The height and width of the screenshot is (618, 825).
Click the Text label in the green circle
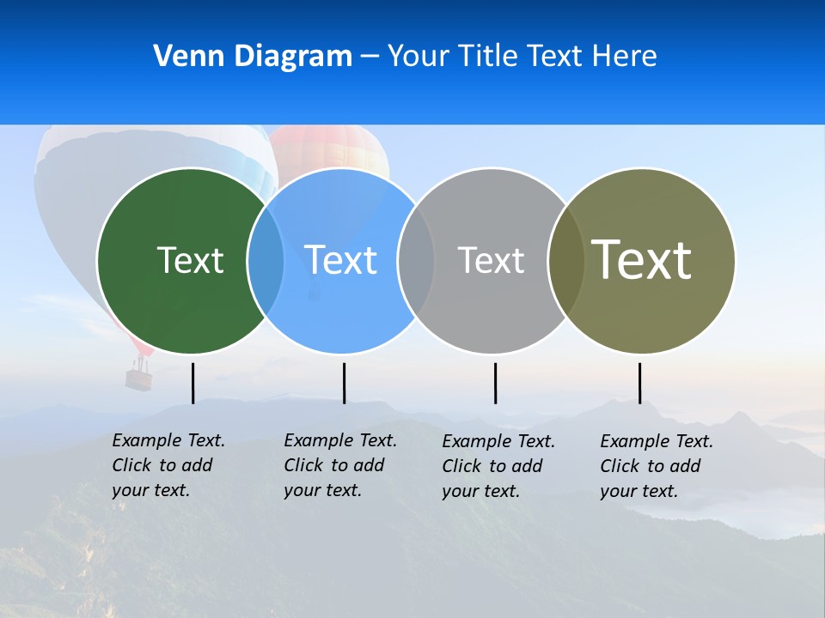coord(190,260)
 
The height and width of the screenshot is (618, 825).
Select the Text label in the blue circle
coord(341,260)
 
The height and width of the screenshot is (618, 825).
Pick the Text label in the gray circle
coord(491,260)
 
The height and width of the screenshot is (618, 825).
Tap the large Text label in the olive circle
coord(641,259)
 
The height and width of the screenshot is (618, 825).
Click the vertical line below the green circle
coord(193,383)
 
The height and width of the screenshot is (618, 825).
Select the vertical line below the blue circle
coord(344,383)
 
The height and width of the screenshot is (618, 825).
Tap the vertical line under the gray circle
coord(495,383)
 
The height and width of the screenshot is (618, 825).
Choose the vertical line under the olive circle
coord(639,383)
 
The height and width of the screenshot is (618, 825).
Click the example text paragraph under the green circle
coord(168,465)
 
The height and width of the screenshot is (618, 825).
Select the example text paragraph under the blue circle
coord(339,465)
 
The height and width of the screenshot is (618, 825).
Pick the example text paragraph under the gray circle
coord(498,466)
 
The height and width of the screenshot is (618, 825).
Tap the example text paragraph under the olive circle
coord(656,466)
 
